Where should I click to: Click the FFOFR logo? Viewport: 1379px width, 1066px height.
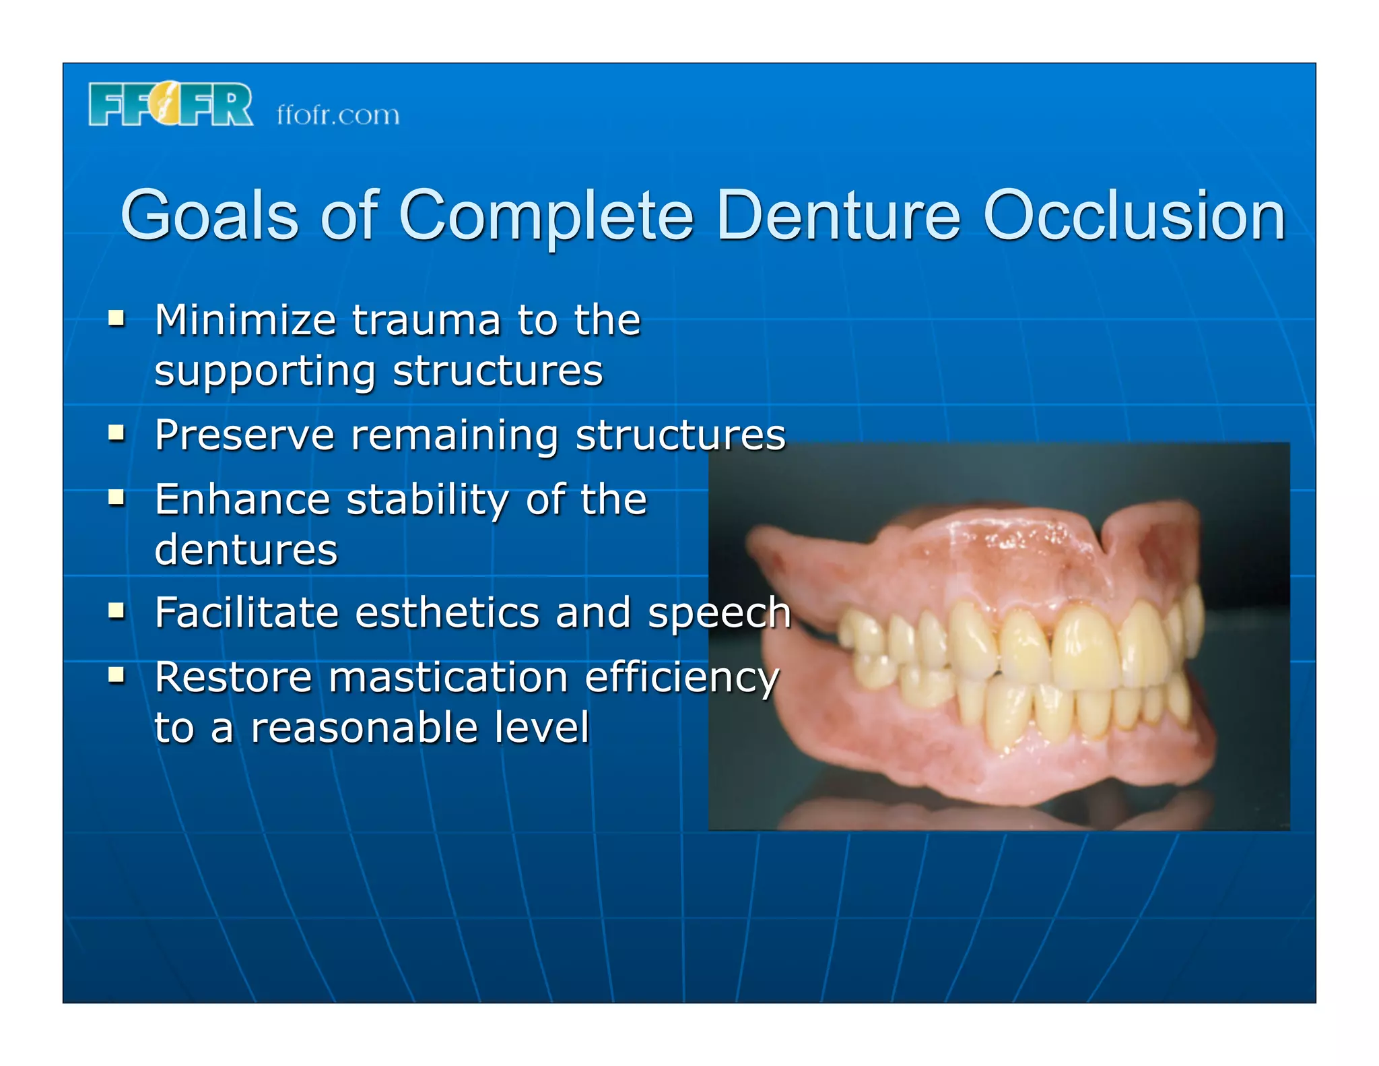tap(170, 104)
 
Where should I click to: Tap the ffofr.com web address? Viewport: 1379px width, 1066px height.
tap(338, 115)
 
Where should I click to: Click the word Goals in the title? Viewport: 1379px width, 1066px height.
tap(209, 216)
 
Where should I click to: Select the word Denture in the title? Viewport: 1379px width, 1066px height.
tap(838, 216)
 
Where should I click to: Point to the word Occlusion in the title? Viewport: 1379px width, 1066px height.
tap(1134, 216)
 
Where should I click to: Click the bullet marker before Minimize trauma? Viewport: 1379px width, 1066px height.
tap(117, 317)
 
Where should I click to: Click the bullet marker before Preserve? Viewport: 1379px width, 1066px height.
tap(117, 433)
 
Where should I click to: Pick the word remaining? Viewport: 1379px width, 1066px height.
tap(455, 435)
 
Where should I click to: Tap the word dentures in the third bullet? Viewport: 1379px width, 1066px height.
tap(246, 550)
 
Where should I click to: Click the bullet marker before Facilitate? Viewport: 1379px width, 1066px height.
tap(117, 610)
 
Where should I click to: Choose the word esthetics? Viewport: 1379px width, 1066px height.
tap(447, 613)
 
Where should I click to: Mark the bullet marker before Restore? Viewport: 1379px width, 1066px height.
tap(117, 675)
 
